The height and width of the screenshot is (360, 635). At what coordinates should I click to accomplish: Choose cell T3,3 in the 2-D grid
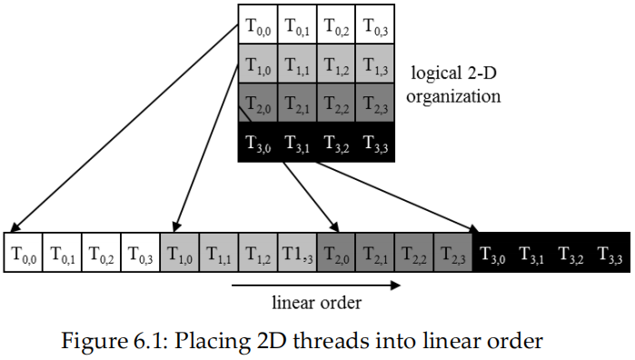(374, 143)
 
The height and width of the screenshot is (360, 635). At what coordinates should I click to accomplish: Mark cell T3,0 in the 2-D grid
(257, 143)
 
